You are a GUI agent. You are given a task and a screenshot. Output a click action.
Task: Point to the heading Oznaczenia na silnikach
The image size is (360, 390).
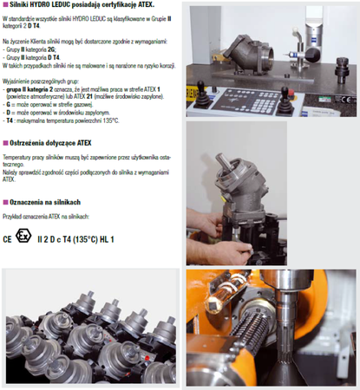tap(47, 201)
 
